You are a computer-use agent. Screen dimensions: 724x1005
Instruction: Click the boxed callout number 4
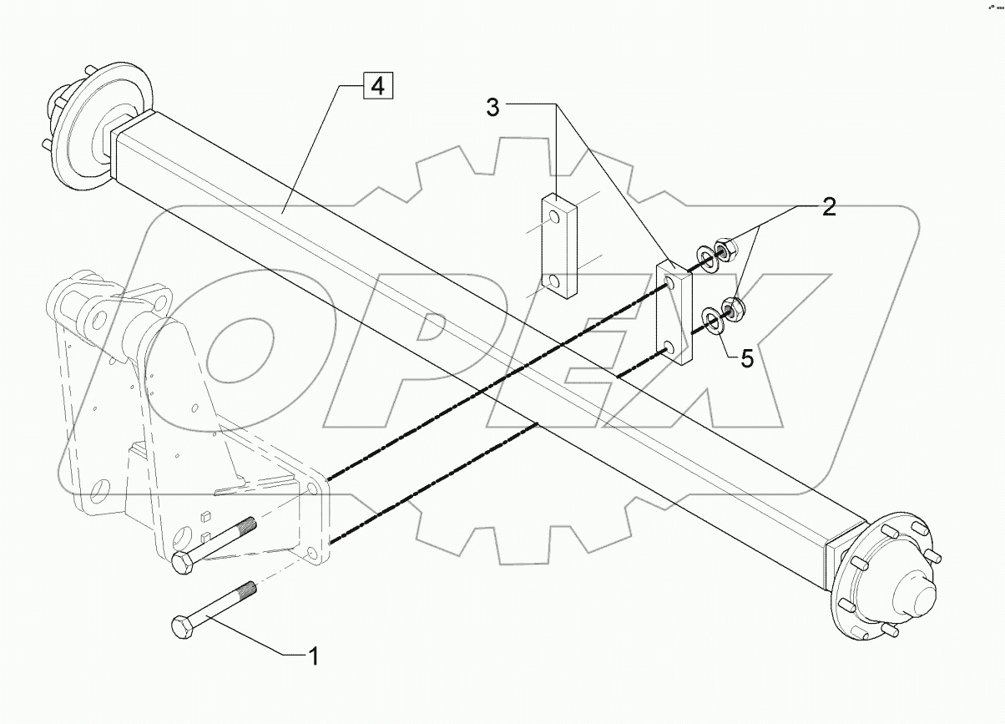click(x=377, y=86)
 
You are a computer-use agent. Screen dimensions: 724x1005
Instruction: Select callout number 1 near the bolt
click(x=313, y=656)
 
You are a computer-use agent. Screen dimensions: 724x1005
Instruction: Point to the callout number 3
click(x=494, y=108)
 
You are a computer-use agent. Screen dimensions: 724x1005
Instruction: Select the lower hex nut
click(x=735, y=310)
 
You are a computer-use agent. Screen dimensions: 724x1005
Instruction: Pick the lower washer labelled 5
click(x=715, y=319)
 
